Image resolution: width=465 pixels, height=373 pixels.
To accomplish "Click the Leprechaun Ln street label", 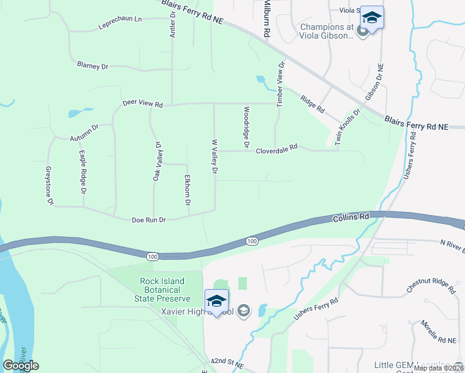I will click(x=120, y=23).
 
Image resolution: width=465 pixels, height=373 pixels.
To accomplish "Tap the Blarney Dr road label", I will click(x=93, y=65).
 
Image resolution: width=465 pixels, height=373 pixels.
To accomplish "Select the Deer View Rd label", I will click(x=142, y=103).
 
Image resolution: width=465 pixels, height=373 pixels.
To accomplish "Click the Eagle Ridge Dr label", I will click(x=81, y=170).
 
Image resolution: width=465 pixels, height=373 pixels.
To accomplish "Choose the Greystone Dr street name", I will click(x=49, y=185).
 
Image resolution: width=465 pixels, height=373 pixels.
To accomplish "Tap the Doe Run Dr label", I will click(x=149, y=220).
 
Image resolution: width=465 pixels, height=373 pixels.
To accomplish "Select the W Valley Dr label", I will click(x=214, y=156).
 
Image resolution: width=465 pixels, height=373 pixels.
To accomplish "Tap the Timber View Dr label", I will click(x=280, y=84).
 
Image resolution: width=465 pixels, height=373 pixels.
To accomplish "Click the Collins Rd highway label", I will click(x=351, y=218).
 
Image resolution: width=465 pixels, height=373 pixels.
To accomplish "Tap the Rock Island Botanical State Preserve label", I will click(x=161, y=290).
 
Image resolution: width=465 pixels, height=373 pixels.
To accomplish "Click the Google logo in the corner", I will click(x=21, y=366).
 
